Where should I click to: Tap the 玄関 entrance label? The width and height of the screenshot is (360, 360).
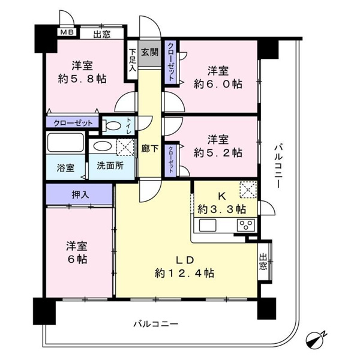pos(149,52)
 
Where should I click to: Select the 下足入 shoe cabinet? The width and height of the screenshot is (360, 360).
pos(132,60)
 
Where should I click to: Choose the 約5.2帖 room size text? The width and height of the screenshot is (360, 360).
pos(217,153)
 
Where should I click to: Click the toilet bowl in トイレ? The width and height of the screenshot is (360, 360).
pos(112,125)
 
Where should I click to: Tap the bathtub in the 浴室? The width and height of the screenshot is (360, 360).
pos(67,145)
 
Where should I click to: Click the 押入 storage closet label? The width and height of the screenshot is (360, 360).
pos(80,194)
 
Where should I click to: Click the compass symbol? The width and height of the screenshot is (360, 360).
pos(317,340)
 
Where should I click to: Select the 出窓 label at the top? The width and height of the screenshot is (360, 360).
pos(101,34)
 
